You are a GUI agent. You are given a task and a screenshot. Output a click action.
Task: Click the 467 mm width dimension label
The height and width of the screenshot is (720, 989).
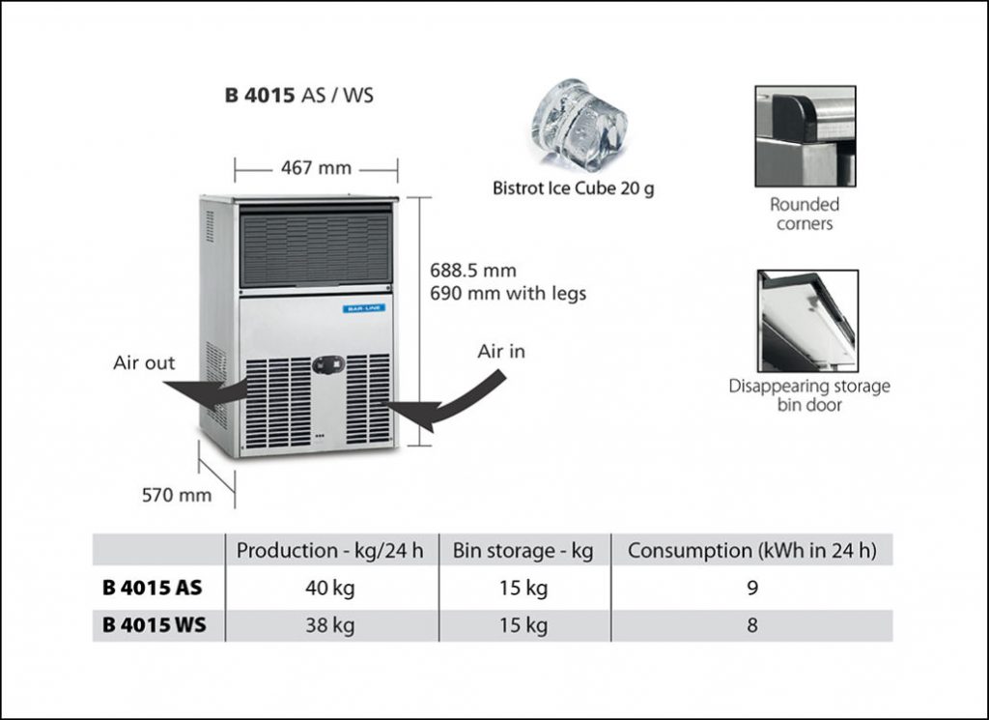pyautogui.click(x=316, y=168)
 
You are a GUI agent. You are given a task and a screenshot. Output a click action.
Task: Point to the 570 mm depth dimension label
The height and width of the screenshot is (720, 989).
pyautogui.click(x=177, y=495)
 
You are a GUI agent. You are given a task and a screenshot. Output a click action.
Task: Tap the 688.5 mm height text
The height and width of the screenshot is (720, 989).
pyautogui.click(x=473, y=270)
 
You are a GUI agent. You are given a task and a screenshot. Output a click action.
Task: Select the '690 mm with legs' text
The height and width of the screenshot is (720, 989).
pyautogui.click(x=508, y=294)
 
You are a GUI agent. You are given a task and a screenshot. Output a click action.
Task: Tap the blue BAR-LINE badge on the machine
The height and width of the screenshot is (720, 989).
pyautogui.click(x=364, y=308)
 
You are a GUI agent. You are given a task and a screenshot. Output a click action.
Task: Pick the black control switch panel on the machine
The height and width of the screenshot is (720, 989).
pyautogui.click(x=329, y=364)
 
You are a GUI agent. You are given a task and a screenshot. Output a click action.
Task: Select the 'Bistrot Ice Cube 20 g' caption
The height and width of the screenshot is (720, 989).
pyautogui.click(x=574, y=188)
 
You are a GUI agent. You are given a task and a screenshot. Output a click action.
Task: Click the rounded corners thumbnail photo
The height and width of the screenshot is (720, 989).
pyautogui.click(x=805, y=136)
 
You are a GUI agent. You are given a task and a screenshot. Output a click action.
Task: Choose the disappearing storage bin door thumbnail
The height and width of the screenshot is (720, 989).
pyautogui.click(x=808, y=321)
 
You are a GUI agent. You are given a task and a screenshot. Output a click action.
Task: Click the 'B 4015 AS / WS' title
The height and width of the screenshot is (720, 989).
pyautogui.click(x=299, y=95)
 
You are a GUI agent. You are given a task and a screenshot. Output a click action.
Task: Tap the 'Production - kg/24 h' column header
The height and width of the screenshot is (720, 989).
pyautogui.click(x=330, y=550)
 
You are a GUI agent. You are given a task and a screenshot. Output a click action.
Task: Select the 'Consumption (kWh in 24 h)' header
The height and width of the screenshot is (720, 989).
pyautogui.click(x=751, y=550)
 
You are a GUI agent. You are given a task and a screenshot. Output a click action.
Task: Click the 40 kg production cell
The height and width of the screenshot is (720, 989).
pyautogui.click(x=330, y=588)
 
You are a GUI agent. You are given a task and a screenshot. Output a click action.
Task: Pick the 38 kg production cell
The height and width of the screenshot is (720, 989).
pyautogui.click(x=330, y=624)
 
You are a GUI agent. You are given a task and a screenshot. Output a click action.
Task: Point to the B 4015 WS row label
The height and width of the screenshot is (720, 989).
pyautogui.click(x=154, y=624)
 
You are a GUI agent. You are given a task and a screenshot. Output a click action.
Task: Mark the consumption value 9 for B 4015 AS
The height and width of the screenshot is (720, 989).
pyautogui.click(x=751, y=588)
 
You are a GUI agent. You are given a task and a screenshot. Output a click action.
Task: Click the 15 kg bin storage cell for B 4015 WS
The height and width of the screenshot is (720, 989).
pyautogui.click(x=523, y=624)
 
